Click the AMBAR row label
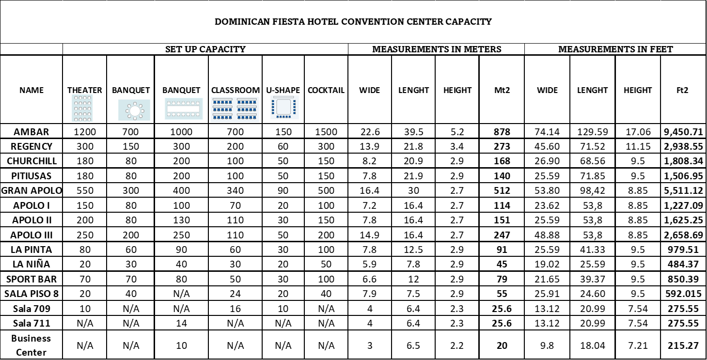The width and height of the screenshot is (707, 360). (x=31, y=132)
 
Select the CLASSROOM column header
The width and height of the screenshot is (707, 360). (x=236, y=90)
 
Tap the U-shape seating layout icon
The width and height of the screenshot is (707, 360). (x=284, y=108)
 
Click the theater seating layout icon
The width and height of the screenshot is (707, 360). (x=82, y=109)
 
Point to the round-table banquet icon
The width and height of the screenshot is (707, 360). (x=134, y=110)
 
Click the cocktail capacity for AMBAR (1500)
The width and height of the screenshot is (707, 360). (x=326, y=132)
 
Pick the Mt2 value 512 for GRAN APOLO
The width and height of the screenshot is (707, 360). (x=502, y=190)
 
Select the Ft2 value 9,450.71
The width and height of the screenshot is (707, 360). (x=683, y=132)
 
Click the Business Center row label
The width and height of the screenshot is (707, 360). (x=31, y=345)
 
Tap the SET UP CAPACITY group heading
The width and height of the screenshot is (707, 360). (x=205, y=49)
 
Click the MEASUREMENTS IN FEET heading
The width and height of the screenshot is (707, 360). (x=615, y=49)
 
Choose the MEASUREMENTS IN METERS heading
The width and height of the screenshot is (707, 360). (x=437, y=49)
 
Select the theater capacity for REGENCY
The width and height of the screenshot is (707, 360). (x=85, y=146)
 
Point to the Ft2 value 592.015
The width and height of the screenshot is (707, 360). (x=683, y=294)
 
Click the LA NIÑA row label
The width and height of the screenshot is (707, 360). (x=31, y=264)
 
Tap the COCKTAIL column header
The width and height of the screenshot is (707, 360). (x=326, y=90)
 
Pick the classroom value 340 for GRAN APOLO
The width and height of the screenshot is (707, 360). (x=235, y=190)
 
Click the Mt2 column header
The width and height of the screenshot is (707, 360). (x=502, y=90)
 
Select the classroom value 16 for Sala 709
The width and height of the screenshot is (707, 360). (x=235, y=309)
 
